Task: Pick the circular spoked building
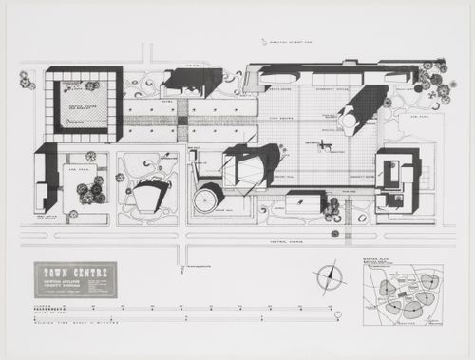tap(204, 200)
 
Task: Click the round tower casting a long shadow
tap(348, 122)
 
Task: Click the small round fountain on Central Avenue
tap(335, 233)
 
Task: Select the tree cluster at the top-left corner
tap(26, 79)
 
